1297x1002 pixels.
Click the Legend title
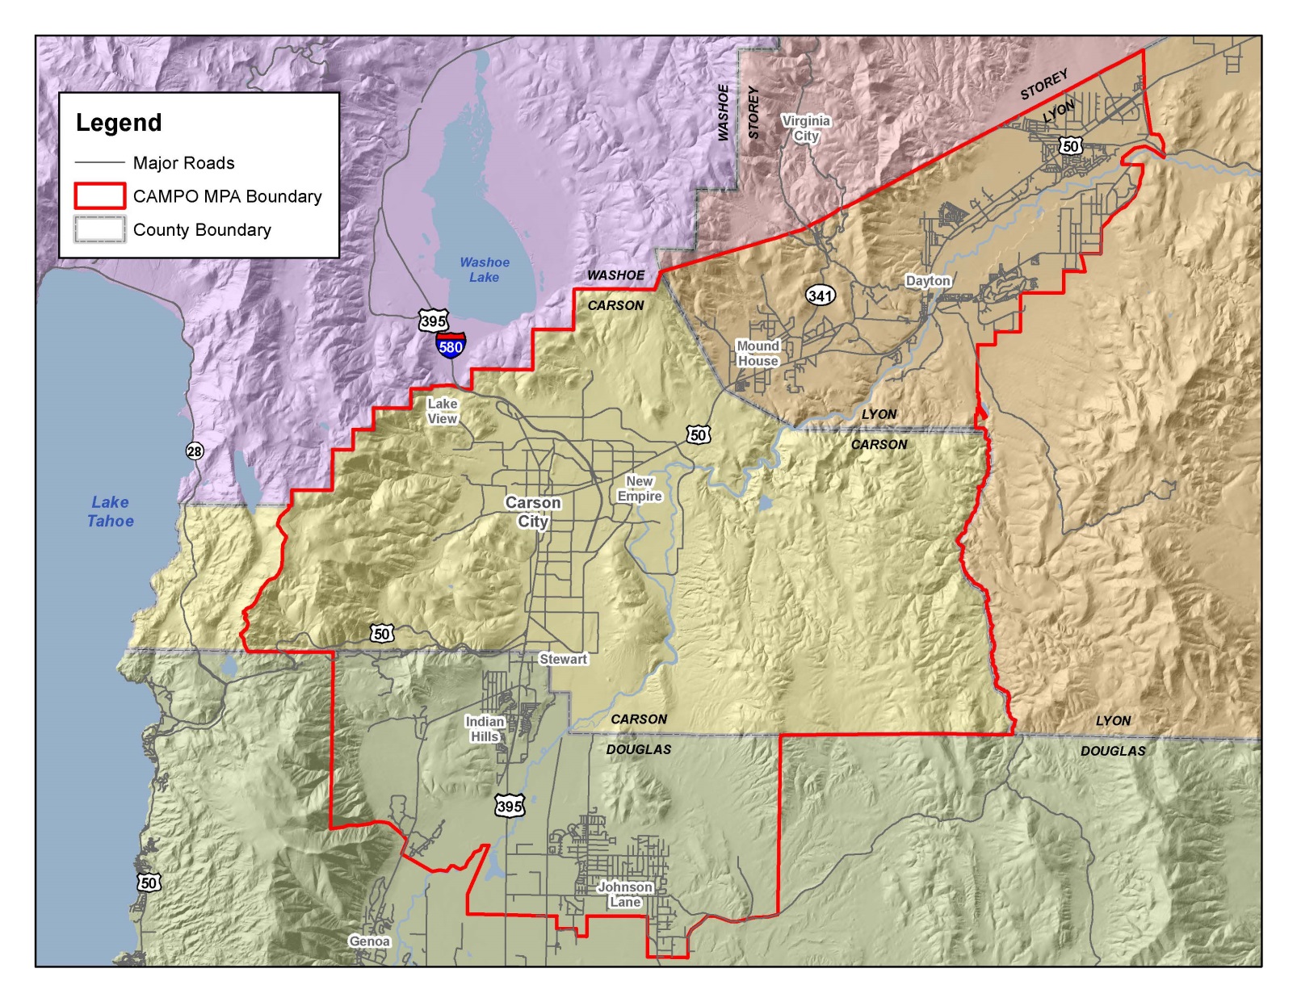(119, 123)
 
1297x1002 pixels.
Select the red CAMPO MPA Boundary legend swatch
(100, 196)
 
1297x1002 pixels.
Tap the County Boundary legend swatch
(100, 229)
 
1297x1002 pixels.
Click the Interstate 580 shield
(451, 346)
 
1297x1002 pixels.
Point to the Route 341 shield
(820, 296)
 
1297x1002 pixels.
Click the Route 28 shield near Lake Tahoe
(195, 451)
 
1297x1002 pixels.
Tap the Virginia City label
(806, 128)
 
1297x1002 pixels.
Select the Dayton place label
(928, 281)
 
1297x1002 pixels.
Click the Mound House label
(758, 354)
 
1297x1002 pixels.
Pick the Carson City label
(533, 512)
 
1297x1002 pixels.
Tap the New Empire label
(640, 488)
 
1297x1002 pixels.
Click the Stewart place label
(563, 659)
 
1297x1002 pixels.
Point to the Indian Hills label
(485, 729)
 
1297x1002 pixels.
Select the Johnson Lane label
(625, 895)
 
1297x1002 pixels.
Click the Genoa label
(369, 941)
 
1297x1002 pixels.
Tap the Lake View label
(442, 411)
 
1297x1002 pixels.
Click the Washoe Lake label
(485, 270)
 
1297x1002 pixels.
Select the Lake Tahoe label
(111, 512)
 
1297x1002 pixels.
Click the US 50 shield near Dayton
(1071, 146)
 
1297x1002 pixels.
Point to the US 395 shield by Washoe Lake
(433, 321)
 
